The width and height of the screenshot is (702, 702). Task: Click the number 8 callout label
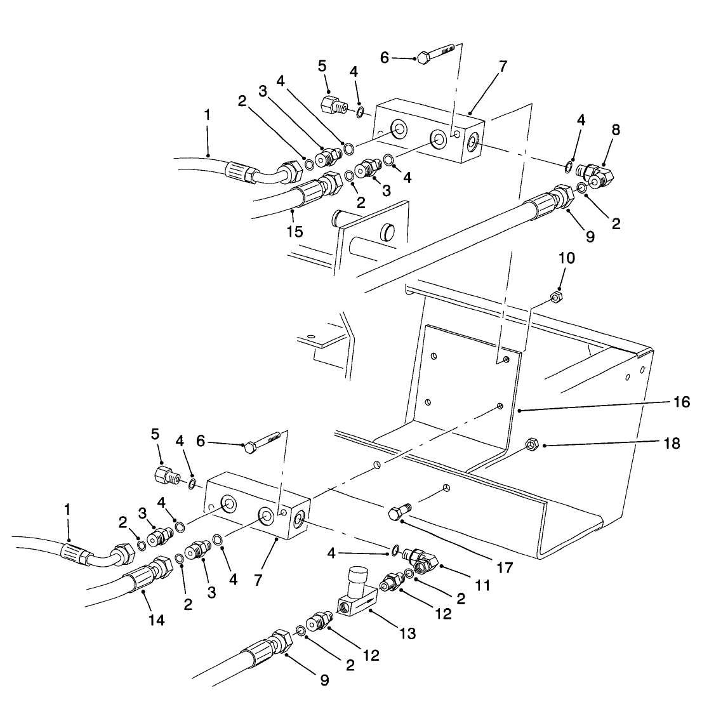coord(616,129)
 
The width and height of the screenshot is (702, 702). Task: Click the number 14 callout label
coord(156,620)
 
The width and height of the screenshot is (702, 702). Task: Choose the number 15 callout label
coord(294,231)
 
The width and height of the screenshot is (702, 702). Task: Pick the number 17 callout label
coord(505,567)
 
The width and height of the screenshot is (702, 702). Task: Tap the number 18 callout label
coord(670,443)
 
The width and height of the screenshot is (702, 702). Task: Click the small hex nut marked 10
coord(555,297)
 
